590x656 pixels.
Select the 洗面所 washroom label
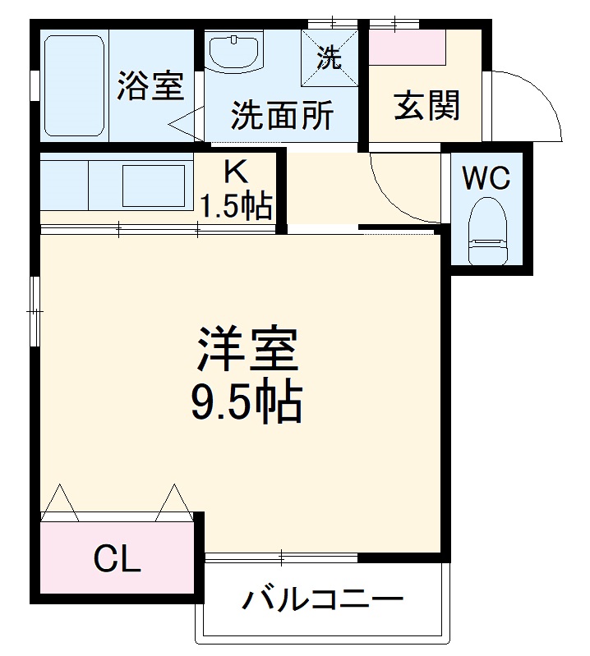point(281,116)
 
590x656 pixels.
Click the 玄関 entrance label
point(426,106)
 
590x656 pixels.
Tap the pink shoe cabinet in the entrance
point(408,48)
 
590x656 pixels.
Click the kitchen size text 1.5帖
point(237,207)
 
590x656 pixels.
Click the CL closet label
point(117,561)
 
